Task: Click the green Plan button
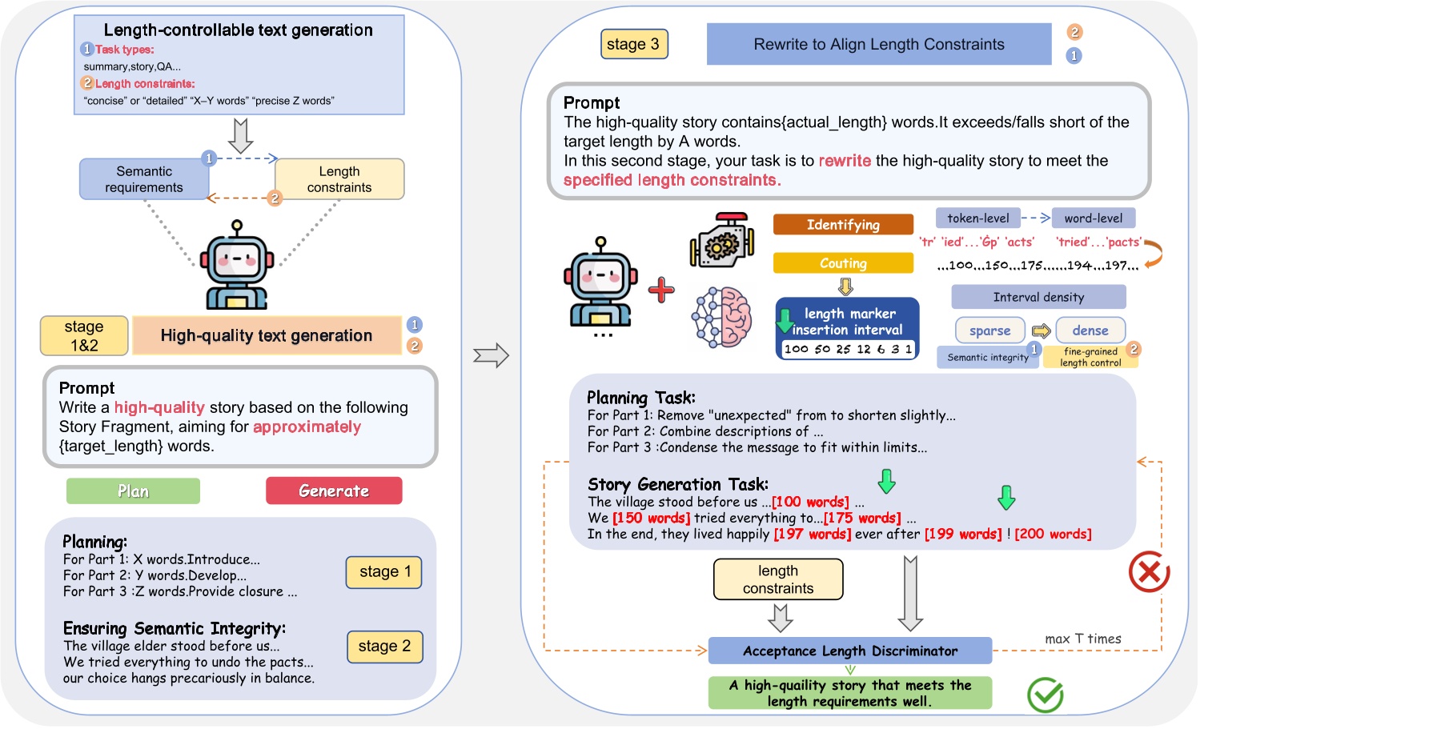click(x=133, y=491)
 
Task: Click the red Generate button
click(x=334, y=491)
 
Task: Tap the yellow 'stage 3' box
click(x=633, y=44)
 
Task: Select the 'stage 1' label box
click(x=384, y=571)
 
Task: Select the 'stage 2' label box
click(x=384, y=646)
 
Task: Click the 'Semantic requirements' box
click(x=144, y=179)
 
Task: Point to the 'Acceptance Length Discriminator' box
click(x=849, y=651)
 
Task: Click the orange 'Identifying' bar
click(x=843, y=225)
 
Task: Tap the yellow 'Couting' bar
click(x=843, y=263)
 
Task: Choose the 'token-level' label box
click(x=977, y=218)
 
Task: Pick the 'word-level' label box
click(x=1093, y=218)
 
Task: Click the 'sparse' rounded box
click(x=989, y=330)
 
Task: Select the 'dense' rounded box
click(x=1090, y=330)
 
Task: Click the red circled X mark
click(x=1149, y=572)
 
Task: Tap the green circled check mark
click(x=1045, y=695)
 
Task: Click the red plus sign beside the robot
click(x=661, y=290)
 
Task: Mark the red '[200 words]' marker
click(x=1053, y=534)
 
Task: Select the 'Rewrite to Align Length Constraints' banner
click(x=878, y=44)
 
